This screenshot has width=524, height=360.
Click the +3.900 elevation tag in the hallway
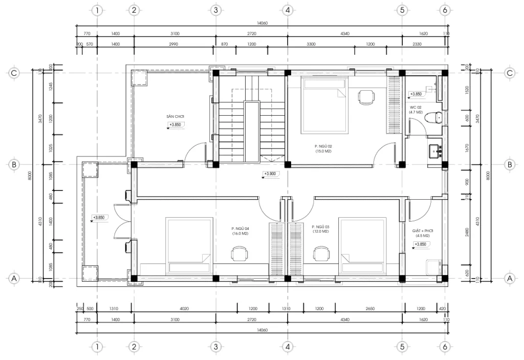pos(270,174)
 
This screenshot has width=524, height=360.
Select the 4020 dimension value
pos(184,309)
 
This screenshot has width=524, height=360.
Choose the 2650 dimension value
pos(370,309)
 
